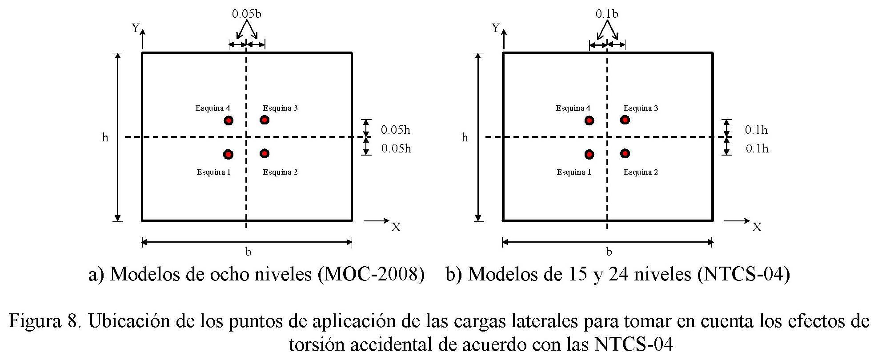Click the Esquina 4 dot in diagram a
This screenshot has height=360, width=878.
pyautogui.click(x=229, y=120)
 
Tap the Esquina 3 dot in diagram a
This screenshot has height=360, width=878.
pyautogui.click(x=265, y=120)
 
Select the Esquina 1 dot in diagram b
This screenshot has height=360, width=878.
pyautogui.click(x=589, y=154)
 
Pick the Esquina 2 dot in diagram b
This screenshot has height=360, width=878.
pyautogui.click(x=625, y=153)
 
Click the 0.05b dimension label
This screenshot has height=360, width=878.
pyautogui.click(x=247, y=14)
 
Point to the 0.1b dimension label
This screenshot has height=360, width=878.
pyautogui.click(x=607, y=14)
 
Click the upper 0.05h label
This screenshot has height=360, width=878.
pyautogui.click(x=395, y=130)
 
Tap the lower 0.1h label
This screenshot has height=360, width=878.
pyautogui.click(x=757, y=148)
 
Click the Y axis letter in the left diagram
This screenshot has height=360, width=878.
pyautogui.click(x=136, y=28)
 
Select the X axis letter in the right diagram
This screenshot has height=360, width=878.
pyautogui.click(x=757, y=228)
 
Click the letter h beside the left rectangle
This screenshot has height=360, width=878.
pyautogui.click(x=105, y=137)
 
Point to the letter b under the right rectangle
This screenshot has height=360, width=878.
pyautogui.click(x=609, y=252)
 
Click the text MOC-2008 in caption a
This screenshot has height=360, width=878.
pyautogui.click(x=371, y=274)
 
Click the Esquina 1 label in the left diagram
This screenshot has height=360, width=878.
pyautogui.click(x=214, y=172)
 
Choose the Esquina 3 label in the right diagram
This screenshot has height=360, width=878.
pyautogui.click(x=641, y=108)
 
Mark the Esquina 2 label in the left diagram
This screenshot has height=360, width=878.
pyautogui.click(x=280, y=172)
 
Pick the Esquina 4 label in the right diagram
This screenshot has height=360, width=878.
pyautogui.click(x=573, y=108)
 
